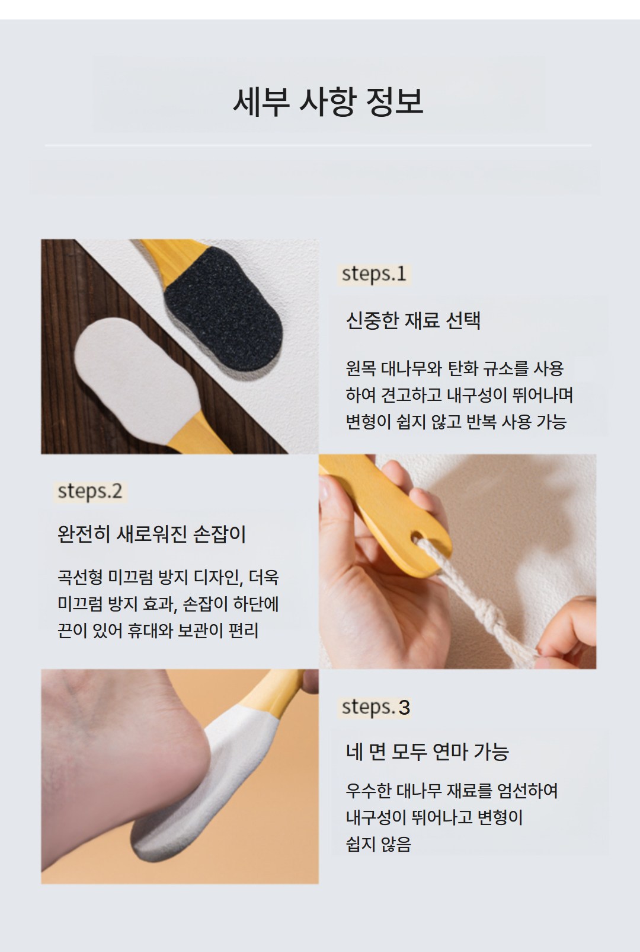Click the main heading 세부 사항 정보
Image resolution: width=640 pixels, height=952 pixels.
pos(328,102)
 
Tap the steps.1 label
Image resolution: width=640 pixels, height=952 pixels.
pos(374,274)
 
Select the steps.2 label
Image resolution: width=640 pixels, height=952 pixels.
pos(90,492)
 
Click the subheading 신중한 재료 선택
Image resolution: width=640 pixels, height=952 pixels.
pos(413,320)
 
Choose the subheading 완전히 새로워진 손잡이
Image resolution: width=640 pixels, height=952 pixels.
pos(152,534)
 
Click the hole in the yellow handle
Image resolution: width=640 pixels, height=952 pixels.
pos(418,537)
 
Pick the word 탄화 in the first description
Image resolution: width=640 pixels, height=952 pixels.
pos(462,368)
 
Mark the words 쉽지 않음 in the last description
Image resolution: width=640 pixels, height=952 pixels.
pos(379,844)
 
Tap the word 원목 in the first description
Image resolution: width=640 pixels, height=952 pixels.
pos(360,368)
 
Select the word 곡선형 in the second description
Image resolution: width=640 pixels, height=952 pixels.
pos(80,577)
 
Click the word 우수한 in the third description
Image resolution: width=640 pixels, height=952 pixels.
pos(368,791)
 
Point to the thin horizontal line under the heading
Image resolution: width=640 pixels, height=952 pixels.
pos(318,145)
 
